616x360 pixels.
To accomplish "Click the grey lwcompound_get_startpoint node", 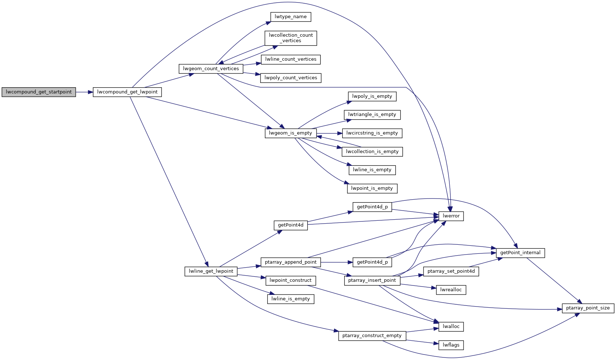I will pos(39,92).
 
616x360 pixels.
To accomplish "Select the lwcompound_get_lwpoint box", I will pos(127,92).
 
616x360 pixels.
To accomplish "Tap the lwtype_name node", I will pos(290,17).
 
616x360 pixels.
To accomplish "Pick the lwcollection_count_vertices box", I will pos(291,38).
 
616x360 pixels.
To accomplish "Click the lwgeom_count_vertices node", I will pos(211,69).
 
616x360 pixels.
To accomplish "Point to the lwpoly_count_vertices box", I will pos(291,78).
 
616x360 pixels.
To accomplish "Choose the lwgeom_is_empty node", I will pos(290,133).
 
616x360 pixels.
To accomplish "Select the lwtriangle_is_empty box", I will pos(372,115).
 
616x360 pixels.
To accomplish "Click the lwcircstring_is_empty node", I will pos(372,133).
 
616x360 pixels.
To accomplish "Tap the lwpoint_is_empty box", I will pos(372,188).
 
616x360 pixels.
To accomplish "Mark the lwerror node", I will pos(451,216).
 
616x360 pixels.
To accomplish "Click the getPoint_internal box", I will pos(520,253).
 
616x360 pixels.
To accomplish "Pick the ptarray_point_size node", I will pos(588,308).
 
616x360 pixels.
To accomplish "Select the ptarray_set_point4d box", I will pos(451,271).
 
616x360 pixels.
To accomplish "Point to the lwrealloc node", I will pos(451,290).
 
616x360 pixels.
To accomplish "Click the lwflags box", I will pos(451,345).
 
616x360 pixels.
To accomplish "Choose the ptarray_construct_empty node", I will pos(372,336).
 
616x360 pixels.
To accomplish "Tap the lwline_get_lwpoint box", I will pos(211,271).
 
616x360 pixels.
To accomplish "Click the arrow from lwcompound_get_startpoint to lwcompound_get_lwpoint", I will pos(84,92).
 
